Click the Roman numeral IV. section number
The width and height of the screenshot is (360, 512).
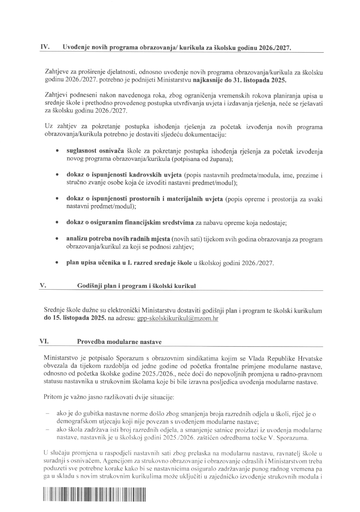click(45, 47)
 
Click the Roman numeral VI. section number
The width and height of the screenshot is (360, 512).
click(44, 341)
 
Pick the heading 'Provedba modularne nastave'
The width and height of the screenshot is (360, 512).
click(119, 342)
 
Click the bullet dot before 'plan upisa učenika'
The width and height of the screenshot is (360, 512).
click(58, 263)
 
